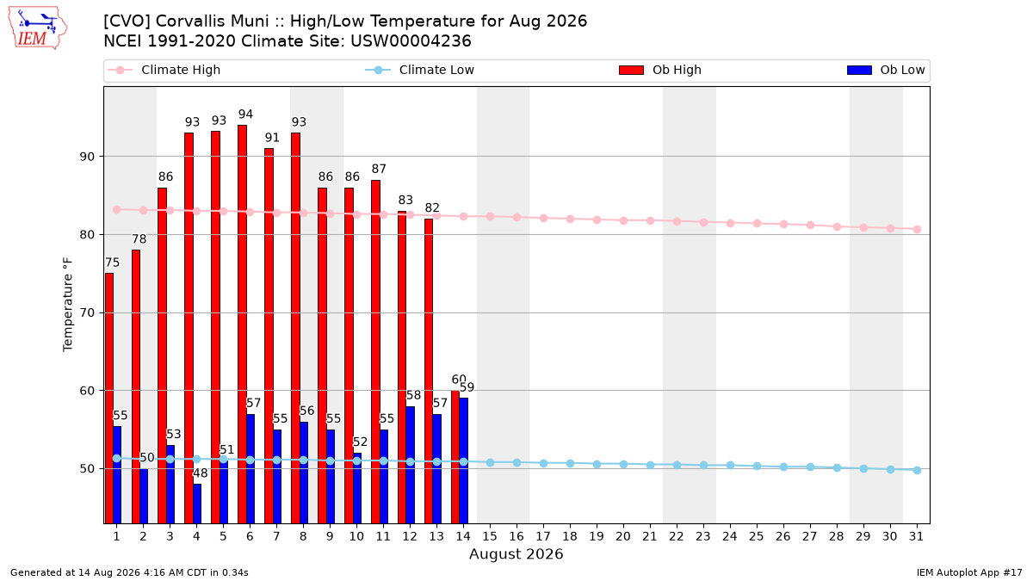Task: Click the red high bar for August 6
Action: (242, 324)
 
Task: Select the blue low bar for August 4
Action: (197, 504)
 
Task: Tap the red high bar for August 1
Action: (108, 399)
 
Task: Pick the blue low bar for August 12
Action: (410, 465)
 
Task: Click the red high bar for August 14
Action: (455, 457)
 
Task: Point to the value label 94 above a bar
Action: (245, 114)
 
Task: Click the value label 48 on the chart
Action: (200, 473)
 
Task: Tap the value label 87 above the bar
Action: (379, 169)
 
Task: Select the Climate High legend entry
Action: (164, 70)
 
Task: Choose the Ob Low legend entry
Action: (886, 70)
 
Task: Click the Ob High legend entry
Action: (660, 70)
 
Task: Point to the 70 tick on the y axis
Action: (87, 313)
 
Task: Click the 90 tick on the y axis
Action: (87, 157)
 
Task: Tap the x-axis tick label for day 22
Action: (676, 536)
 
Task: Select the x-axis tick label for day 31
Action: (916, 536)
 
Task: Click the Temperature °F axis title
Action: (68, 305)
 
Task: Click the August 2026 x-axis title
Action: (516, 553)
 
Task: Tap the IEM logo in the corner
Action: (37, 28)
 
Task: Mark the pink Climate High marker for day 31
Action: (917, 229)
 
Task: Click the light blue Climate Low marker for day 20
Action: (623, 464)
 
